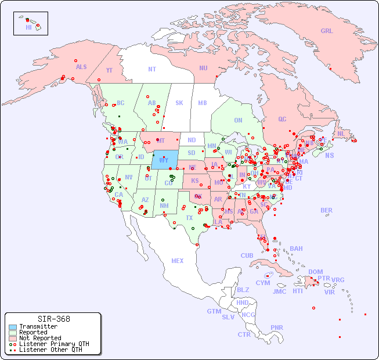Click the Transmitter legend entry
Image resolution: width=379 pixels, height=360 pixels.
[x=38, y=326]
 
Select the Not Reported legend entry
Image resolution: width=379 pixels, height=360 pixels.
[x=39, y=338]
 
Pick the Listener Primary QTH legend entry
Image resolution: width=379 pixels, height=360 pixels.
[x=53, y=344]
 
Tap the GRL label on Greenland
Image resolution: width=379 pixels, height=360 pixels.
[x=327, y=31]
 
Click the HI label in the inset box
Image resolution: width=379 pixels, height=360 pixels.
[x=28, y=27]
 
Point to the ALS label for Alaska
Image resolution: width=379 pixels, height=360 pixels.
[x=81, y=67]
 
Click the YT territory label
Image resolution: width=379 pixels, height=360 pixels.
[x=109, y=70]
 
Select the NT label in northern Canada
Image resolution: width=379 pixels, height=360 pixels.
[x=151, y=69]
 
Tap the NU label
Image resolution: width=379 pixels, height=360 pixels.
[x=203, y=68]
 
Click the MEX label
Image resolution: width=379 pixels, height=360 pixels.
[x=178, y=261]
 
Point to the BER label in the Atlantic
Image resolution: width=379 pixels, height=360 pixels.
[x=327, y=210]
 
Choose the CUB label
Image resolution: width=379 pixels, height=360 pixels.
[x=247, y=255]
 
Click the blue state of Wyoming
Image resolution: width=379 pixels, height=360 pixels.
[x=165, y=159]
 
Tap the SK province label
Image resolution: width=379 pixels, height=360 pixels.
[x=179, y=103]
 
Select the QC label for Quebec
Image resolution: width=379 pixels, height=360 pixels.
[x=282, y=119]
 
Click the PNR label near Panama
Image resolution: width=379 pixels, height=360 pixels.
[x=277, y=327]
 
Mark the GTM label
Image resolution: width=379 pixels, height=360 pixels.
[x=214, y=311]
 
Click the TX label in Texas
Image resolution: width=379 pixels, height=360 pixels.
[x=189, y=218]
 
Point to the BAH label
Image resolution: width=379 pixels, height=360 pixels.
[x=296, y=249]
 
